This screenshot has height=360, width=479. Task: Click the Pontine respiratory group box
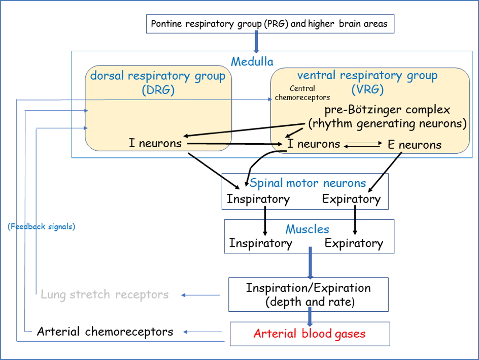point(270,23)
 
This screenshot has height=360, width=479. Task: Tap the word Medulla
point(252,62)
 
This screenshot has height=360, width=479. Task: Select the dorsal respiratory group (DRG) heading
point(158,83)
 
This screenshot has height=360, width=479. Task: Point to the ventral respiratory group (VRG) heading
point(367,83)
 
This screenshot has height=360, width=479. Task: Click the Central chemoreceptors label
point(302,93)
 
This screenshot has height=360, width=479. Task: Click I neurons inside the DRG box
point(155,143)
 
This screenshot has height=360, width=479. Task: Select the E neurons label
point(415,145)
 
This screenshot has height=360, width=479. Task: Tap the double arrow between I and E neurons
point(363,145)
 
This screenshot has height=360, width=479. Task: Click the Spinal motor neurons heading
point(307,183)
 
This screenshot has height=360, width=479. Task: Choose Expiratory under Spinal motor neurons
point(351,199)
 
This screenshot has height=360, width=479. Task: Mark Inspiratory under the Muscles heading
point(261,243)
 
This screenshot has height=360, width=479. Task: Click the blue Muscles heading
point(307,229)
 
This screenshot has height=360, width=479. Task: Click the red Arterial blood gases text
point(310,334)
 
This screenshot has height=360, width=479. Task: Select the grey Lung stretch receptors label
point(105,294)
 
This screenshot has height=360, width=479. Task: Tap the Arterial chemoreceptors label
point(105,332)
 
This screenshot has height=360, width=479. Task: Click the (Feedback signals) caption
point(42,226)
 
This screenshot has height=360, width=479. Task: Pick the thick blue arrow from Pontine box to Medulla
point(256,42)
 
